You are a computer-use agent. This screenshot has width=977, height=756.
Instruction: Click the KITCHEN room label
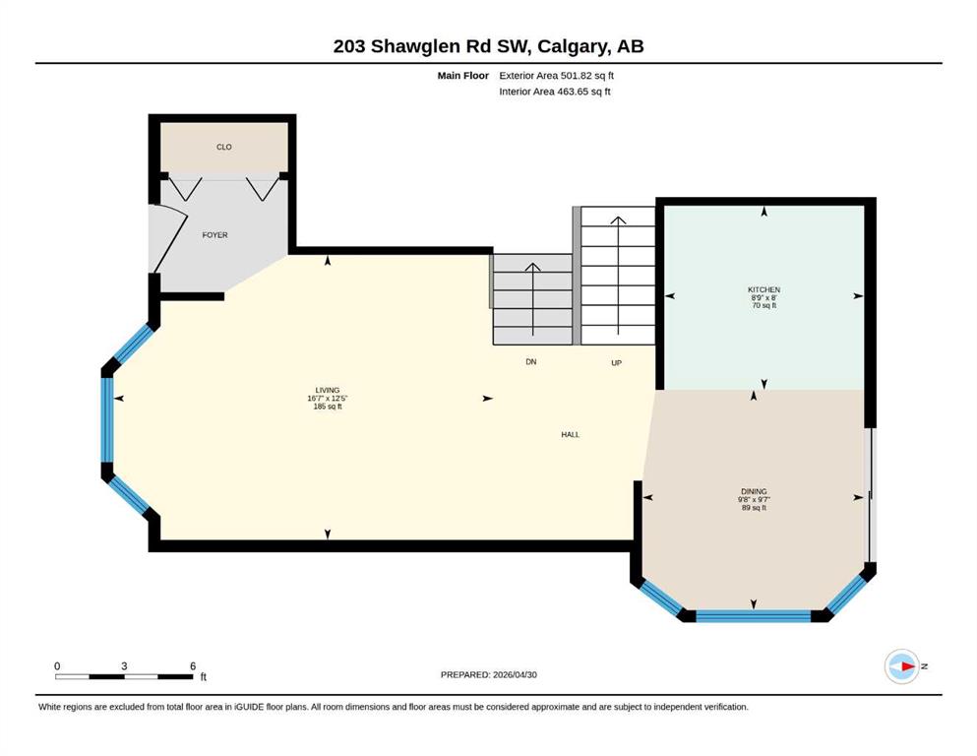(763, 289)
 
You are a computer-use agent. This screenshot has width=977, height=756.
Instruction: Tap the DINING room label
(754, 491)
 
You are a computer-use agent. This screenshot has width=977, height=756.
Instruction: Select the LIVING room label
(327, 390)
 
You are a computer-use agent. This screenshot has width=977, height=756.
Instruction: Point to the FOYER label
(214, 235)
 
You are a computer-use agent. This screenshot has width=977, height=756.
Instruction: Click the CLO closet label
(223, 147)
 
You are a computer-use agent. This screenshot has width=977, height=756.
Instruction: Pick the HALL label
(570, 434)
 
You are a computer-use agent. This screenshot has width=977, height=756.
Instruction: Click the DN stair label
(531, 361)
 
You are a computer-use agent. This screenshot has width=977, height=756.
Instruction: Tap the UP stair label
(616, 362)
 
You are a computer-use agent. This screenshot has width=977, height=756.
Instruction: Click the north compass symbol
(902, 666)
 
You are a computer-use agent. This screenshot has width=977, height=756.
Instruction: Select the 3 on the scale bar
(124, 666)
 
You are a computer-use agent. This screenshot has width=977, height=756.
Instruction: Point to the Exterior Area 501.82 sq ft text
(557, 76)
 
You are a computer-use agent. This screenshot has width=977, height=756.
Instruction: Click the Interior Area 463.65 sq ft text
(555, 92)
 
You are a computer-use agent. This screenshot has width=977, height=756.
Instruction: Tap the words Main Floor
(463, 76)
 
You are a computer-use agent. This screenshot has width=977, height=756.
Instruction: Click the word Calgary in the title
(574, 46)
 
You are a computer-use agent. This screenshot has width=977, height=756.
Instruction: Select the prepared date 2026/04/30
(515, 674)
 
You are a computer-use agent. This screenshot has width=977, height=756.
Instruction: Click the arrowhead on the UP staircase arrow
(618, 220)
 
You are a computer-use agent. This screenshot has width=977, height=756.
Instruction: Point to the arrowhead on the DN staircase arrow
(532, 267)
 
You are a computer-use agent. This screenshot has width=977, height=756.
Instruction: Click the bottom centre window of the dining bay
(754, 616)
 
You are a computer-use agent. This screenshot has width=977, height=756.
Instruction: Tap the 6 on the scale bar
(193, 666)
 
